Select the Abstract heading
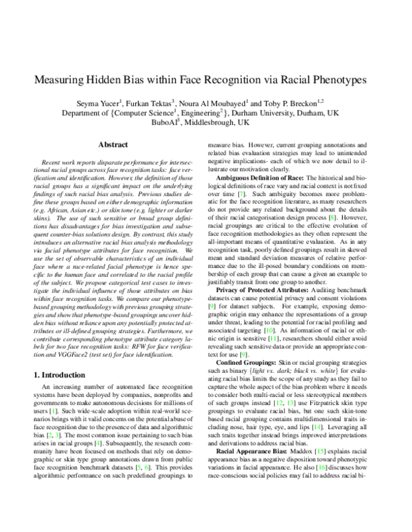[112, 145]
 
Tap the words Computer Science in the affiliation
[148, 111]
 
